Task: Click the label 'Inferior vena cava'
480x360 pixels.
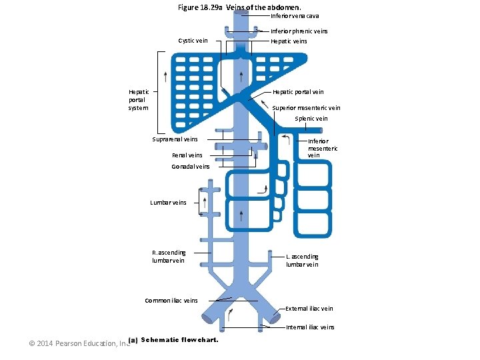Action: tap(295, 16)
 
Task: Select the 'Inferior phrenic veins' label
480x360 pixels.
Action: tap(299, 31)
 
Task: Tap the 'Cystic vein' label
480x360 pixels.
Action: tap(193, 41)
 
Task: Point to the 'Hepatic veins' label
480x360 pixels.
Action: tap(289, 41)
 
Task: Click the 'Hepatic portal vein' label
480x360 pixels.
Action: tap(298, 92)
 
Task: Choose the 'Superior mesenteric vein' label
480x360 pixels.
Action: tap(306, 108)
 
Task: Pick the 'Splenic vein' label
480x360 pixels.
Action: tap(311, 119)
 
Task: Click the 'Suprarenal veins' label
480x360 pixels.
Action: tap(175, 139)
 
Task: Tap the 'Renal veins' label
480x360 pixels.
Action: tap(187, 155)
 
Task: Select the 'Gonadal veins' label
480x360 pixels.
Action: tap(190, 167)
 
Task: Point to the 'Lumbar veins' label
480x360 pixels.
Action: tap(168, 203)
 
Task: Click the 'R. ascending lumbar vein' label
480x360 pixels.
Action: tap(169, 257)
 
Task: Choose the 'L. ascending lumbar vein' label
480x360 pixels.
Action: tap(302, 261)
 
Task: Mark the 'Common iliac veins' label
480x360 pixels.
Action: tap(171, 301)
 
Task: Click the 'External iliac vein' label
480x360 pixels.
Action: tap(309, 309)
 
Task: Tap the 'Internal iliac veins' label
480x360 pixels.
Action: tap(310, 327)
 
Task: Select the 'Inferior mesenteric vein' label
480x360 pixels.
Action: tap(323, 149)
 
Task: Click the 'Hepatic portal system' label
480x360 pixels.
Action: tap(139, 100)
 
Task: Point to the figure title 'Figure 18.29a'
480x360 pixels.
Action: tap(201, 7)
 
